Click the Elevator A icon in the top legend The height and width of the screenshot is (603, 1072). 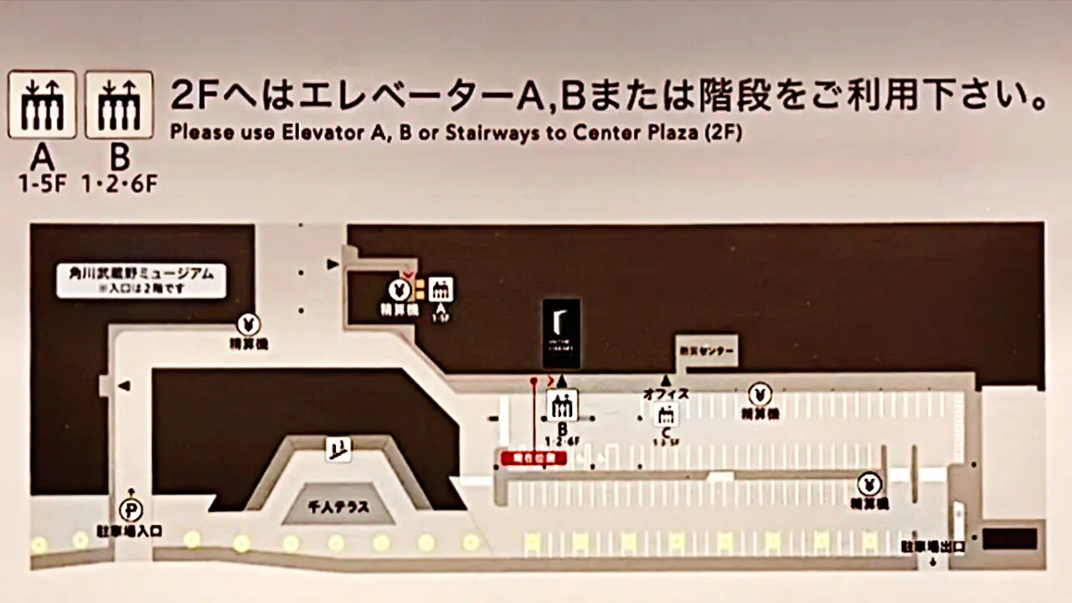(x=42, y=105)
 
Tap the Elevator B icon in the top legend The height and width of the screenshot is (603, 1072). (x=119, y=105)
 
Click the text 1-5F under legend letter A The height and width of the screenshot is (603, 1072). (x=42, y=183)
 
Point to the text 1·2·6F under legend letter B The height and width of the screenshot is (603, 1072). (x=120, y=183)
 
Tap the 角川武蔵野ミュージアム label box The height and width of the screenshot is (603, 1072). (x=142, y=281)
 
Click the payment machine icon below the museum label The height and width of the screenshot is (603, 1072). (x=248, y=323)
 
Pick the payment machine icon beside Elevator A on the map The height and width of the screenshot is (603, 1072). (x=399, y=290)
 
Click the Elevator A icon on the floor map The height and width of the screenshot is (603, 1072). (x=441, y=290)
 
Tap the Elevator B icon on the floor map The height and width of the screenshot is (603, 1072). (x=562, y=406)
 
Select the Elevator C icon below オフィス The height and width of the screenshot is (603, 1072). (x=667, y=414)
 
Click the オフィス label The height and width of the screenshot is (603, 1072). (x=666, y=394)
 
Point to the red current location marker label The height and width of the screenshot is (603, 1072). (x=533, y=457)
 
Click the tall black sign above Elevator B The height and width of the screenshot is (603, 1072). (x=561, y=333)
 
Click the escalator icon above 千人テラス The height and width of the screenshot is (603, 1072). (x=338, y=450)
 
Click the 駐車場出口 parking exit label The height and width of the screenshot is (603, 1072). (x=933, y=547)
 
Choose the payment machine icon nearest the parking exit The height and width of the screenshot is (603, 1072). (x=869, y=484)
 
